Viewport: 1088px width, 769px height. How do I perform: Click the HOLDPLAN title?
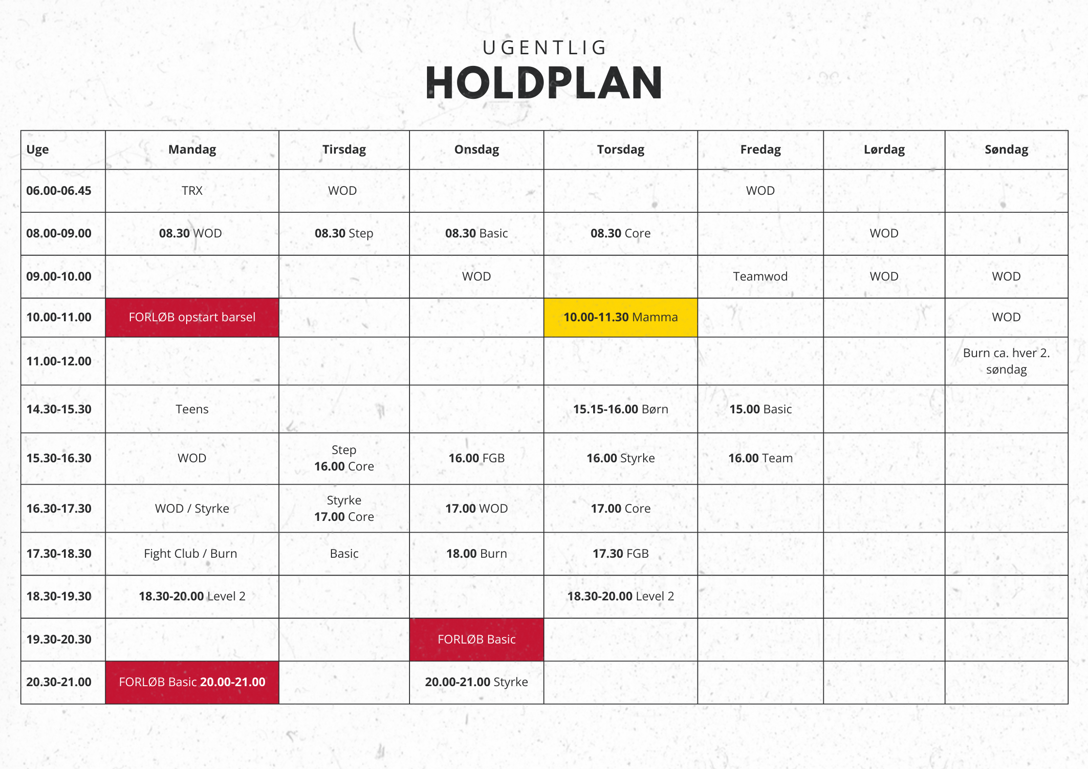[x=544, y=83]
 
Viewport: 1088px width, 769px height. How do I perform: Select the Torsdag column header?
[x=620, y=149]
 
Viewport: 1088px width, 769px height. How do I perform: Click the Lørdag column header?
[x=884, y=149]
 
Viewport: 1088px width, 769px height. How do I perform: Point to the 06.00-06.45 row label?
[x=59, y=190]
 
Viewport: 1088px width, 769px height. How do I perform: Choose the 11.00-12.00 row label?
[x=59, y=361]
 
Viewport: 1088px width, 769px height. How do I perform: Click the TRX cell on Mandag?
[x=192, y=190]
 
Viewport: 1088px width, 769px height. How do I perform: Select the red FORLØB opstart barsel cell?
[x=192, y=317]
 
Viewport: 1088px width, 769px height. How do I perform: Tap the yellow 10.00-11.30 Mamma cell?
[x=620, y=317]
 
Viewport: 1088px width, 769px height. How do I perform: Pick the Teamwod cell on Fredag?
[x=760, y=276]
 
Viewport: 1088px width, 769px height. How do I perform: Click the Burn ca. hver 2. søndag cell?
[x=1006, y=361]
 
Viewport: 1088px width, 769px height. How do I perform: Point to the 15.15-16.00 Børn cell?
[x=620, y=409]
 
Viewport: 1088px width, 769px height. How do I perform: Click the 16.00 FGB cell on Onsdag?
[x=476, y=458]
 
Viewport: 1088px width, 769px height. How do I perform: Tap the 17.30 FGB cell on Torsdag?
[x=620, y=553]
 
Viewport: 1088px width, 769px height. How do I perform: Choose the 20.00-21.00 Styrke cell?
[x=476, y=682]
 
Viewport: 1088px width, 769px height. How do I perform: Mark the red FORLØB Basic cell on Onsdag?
[x=476, y=640]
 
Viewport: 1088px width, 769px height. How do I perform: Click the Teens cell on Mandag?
[x=192, y=409]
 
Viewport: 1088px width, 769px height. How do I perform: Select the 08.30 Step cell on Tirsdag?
[x=344, y=233]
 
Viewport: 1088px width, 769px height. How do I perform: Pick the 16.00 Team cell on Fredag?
[x=760, y=458]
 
